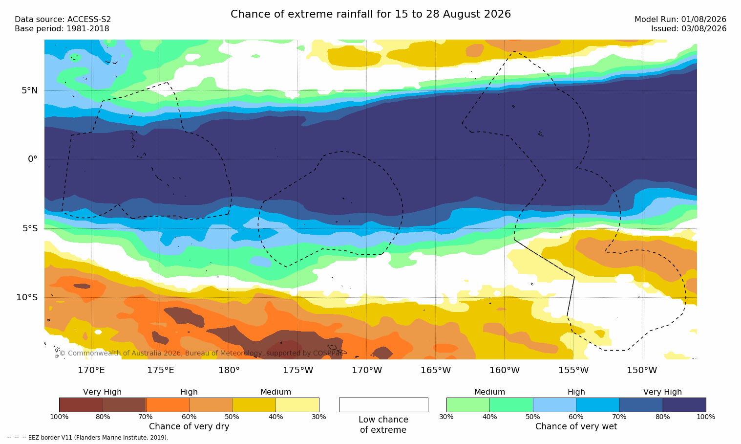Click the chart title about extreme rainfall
(370, 14)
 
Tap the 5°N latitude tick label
(30, 90)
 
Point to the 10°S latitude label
(27, 297)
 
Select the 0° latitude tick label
(32, 159)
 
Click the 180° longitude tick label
(229, 370)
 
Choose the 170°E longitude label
(91, 370)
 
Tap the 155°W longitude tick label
(573, 370)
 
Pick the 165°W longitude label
(436, 370)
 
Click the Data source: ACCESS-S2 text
(63, 20)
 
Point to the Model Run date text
(680, 20)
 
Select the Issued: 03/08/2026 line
(689, 29)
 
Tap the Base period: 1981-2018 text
(62, 29)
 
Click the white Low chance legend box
(383, 405)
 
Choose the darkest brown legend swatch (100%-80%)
(81, 405)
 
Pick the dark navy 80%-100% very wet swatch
(684, 405)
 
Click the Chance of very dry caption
(189, 426)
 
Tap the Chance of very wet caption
(576, 426)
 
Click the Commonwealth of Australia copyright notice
(201, 353)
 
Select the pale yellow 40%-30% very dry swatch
(297, 405)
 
